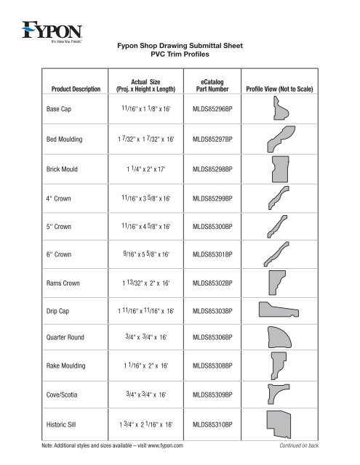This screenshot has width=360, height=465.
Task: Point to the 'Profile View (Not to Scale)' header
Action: tap(280, 90)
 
